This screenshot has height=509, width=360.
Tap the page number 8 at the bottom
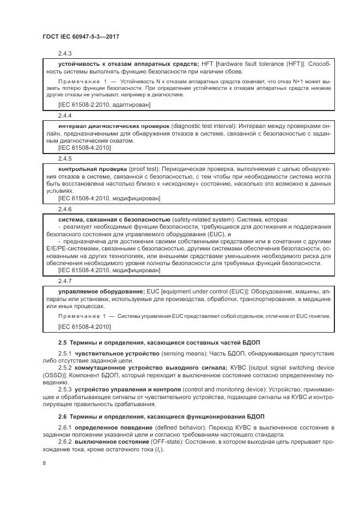(45, 463)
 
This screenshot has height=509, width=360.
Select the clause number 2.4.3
(65, 53)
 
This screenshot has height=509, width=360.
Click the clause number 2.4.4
(65, 115)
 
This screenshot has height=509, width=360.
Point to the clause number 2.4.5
(65, 159)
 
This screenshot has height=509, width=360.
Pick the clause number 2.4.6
(65, 209)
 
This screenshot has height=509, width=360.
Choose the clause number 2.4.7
(65, 280)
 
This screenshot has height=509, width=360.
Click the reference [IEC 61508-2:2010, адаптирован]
(96, 104)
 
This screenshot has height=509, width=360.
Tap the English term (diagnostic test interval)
(205, 126)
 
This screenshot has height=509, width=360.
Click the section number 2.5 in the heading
(63, 343)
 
